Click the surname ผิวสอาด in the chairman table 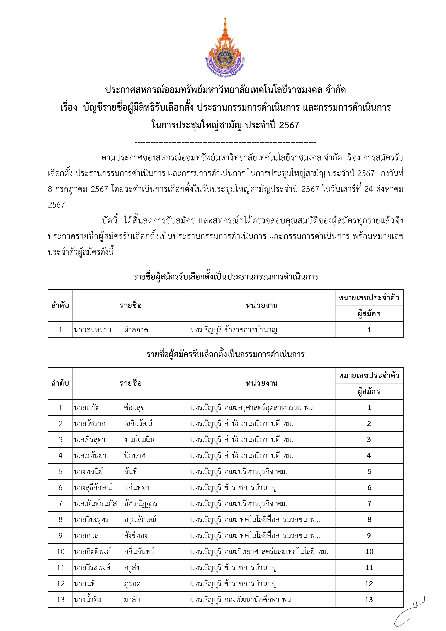(x=136, y=330)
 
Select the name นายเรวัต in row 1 (x=87, y=407)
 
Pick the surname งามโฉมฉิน (x=139, y=439)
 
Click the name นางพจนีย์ (x=88, y=472)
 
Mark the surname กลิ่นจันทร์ (x=139, y=552)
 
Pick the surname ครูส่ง (x=132, y=568)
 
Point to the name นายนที (x=85, y=584)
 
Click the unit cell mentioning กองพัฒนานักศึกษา (x=241, y=600)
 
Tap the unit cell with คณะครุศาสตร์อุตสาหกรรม (x=252, y=407)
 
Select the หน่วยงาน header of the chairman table (x=262, y=306)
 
